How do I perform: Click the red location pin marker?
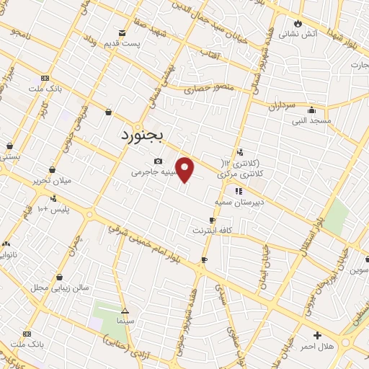point(185,169)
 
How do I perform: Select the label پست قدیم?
point(121,43)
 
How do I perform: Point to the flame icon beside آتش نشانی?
point(297,23)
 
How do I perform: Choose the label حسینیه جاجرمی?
point(152,173)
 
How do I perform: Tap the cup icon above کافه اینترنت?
point(212,220)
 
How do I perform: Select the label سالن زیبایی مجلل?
point(60,287)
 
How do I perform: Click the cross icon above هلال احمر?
point(317,335)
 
